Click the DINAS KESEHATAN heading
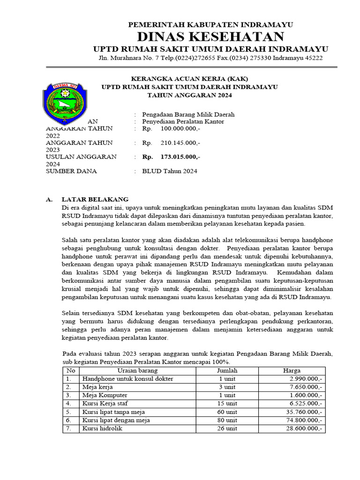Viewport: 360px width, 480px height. pyautogui.click(x=210, y=37)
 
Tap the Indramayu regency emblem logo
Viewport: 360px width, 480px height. pyautogui.click(x=64, y=102)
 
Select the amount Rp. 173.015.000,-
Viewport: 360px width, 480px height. pyautogui.click(x=172, y=157)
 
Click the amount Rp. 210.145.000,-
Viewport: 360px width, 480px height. pyautogui.click(x=172, y=142)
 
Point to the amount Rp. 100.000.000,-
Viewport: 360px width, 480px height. pyautogui.click(x=172, y=128)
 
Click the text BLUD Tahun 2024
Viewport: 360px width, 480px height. pyautogui.click(x=170, y=171)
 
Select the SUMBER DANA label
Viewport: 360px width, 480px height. pyautogui.click(x=71, y=171)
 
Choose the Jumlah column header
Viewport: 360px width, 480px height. pyautogui.click(x=227, y=370)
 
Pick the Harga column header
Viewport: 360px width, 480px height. pyautogui.click(x=291, y=370)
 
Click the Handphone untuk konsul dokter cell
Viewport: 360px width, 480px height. pyautogui.click(x=127, y=379)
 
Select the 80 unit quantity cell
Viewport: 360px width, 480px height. pyautogui.click(x=227, y=420)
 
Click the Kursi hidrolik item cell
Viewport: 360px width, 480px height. pyautogui.click(x=102, y=428)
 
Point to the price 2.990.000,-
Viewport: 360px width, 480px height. pyautogui.click(x=306, y=379)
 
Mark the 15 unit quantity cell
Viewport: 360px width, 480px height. pyautogui.click(x=227, y=404)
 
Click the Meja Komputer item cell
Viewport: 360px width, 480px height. pyautogui.click(x=105, y=395)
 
